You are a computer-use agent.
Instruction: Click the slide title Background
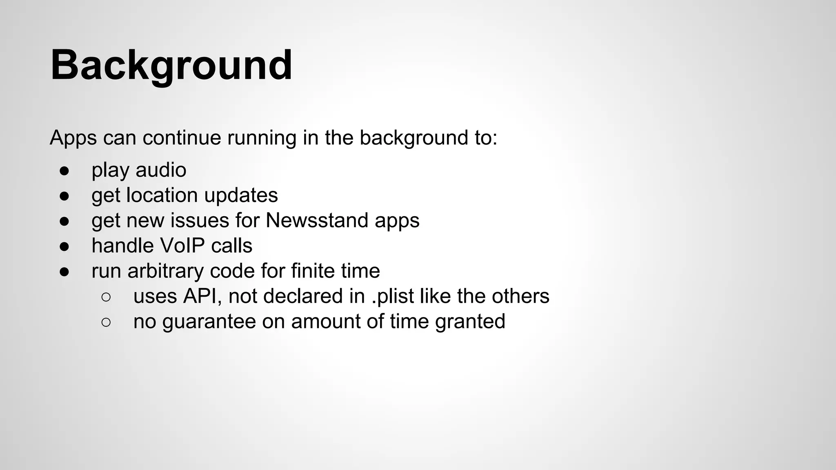(171, 65)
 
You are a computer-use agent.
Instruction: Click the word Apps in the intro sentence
(73, 138)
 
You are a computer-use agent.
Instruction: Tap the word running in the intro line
(262, 138)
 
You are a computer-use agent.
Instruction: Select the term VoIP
(182, 246)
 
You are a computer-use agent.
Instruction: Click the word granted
(470, 321)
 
